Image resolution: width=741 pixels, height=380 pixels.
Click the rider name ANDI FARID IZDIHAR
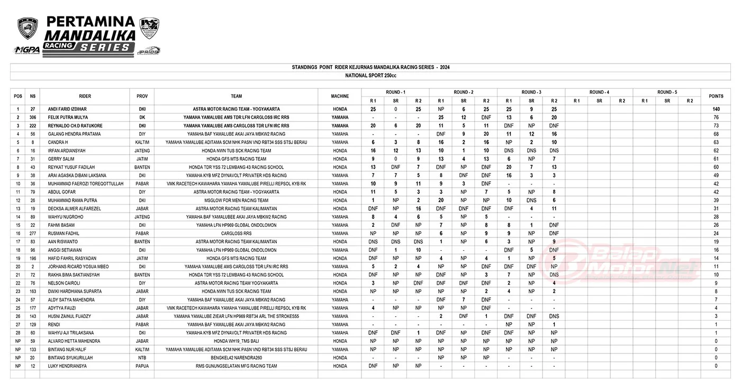68,109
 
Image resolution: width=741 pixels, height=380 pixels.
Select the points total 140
716,109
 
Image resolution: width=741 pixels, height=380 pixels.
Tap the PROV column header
142,96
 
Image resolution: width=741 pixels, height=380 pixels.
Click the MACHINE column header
340,96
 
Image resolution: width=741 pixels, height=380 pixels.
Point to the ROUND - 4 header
599,92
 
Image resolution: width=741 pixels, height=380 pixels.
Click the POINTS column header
716,96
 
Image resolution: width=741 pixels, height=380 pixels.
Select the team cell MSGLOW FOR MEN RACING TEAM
236,200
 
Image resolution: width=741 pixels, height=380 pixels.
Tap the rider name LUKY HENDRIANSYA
66,366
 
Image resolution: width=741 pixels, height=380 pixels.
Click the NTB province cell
142,358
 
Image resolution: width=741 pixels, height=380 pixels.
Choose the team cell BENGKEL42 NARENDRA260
236,358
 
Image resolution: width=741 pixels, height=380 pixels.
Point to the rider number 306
33,117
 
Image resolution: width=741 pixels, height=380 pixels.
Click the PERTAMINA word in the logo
91,22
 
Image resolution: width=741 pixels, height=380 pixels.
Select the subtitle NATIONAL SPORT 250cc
370,76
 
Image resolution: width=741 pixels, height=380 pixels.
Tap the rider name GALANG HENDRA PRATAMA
74,134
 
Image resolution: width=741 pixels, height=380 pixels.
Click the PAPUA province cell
142,366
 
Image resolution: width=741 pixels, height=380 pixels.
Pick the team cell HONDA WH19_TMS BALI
236,341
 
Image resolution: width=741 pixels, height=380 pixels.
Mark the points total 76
716,117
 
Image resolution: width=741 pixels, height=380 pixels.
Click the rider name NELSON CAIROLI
64,283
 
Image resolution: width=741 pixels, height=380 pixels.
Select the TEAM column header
236,96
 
